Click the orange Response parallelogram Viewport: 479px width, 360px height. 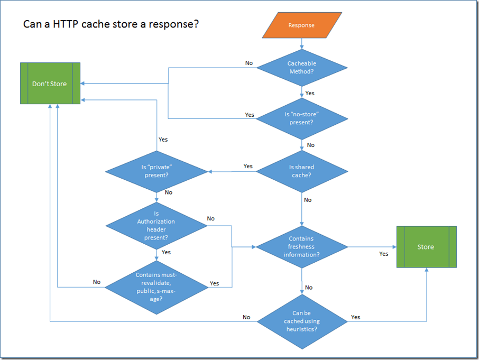301,25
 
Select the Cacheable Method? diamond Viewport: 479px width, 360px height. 301,67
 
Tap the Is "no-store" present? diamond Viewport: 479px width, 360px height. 301,118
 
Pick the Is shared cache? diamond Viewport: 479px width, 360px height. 301,171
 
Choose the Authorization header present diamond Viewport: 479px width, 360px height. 156,226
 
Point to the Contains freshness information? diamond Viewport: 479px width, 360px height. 301,246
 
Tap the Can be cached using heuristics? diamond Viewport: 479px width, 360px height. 301,321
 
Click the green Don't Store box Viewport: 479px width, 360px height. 50,84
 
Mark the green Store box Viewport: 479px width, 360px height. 426,247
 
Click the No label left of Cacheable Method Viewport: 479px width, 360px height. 249,63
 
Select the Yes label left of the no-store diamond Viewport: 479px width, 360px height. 250,115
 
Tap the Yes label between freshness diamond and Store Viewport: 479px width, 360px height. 384,254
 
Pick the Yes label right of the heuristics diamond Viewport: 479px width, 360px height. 355,317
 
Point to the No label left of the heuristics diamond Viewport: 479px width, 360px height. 246,317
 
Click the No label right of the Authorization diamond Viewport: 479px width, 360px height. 211,218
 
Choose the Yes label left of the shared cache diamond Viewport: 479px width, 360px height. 248,166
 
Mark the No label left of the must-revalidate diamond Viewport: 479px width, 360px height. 97,282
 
